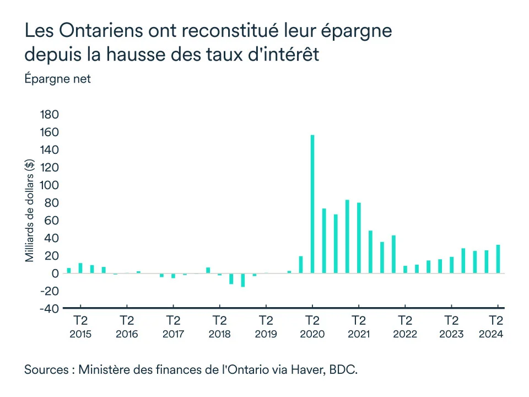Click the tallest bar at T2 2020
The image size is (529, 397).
click(x=312, y=204)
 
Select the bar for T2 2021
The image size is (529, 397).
click(x=359, y=238)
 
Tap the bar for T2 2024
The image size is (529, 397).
click(x=498, y=259)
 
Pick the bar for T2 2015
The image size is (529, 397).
click(x=80, y=268)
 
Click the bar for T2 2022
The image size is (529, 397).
click(x=405, y=269)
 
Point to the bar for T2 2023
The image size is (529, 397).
click(x=451, y=265)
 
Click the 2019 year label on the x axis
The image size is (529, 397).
click(x=266, y=334)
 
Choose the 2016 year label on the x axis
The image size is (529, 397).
click(x=127, y=334)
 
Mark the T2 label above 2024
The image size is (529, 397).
click(x=497, y=321)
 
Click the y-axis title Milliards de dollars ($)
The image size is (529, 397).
click(x=30, y=210)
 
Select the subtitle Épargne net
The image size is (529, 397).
click(x=57, y=79)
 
